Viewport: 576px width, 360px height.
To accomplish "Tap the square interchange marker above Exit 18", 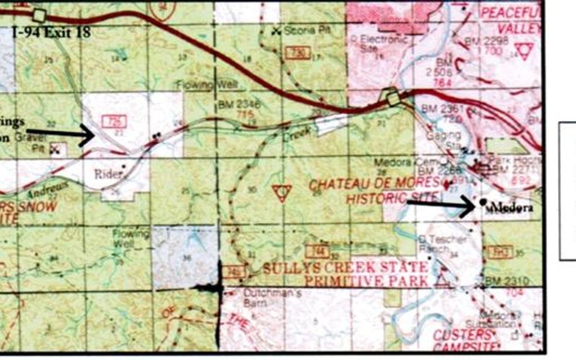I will pos(39,15).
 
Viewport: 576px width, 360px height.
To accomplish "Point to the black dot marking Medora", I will pos(483,201).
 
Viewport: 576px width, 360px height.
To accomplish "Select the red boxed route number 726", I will pos(114,121).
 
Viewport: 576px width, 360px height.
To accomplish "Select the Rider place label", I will pos(108,174).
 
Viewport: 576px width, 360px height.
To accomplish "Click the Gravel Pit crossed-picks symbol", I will pos(55,149).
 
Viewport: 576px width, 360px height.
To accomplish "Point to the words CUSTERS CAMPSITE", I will pos(462,340).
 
